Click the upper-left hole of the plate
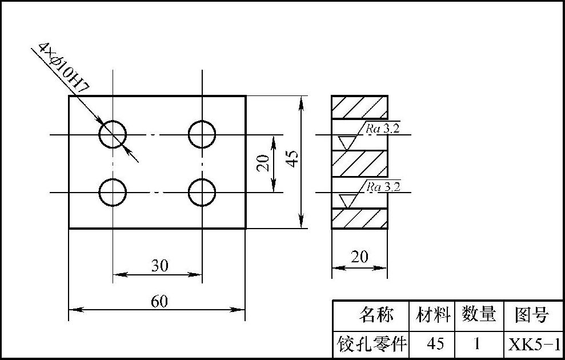coord(113,134)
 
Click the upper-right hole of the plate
coord(202,134)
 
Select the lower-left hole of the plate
coord(113,192)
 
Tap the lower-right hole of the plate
coord(202,192)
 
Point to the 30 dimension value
coord(159,265)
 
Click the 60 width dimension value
coord(159,301)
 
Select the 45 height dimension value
coord(292,159)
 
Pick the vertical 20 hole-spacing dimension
coord(263,163)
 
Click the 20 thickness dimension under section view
coord(359,257)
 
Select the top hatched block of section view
coord(359,107)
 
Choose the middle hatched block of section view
coord(359,163)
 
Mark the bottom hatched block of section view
coord(359,218)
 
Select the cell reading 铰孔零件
coord(372,344)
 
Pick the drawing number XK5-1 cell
coord(534,344)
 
